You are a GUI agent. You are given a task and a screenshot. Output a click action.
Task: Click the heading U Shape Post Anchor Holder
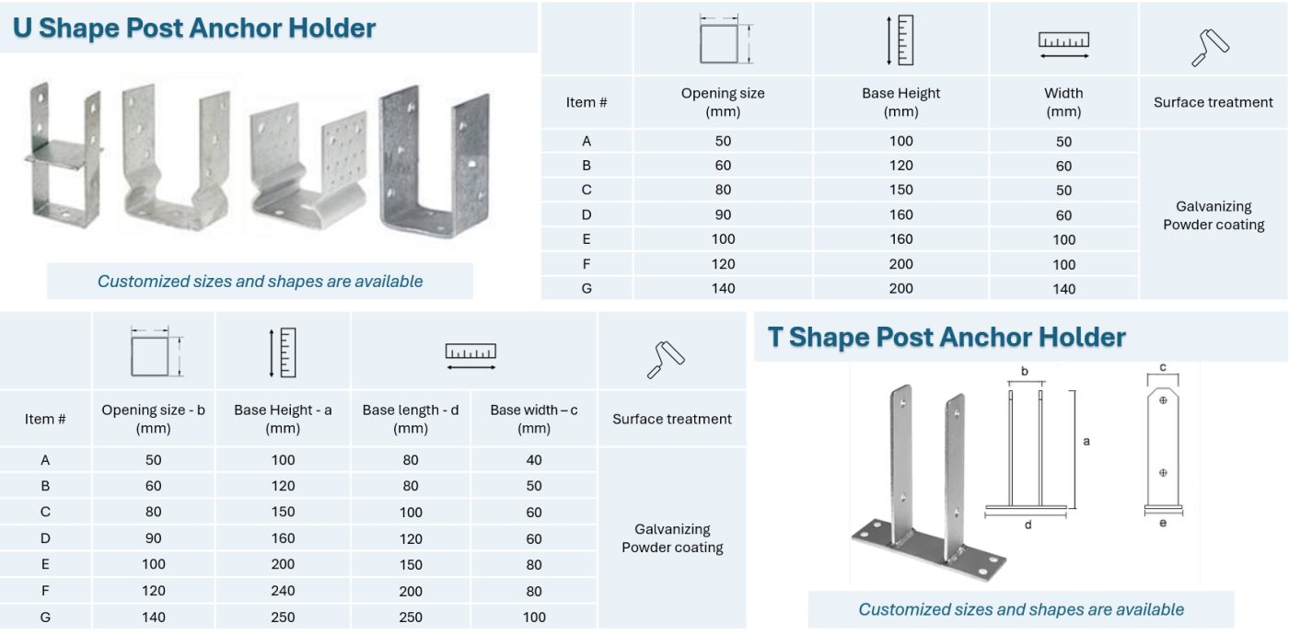pos(194,28)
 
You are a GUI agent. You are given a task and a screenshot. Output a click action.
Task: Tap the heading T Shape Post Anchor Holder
pos(946,337)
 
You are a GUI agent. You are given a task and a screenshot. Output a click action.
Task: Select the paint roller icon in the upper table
pos(1211,48)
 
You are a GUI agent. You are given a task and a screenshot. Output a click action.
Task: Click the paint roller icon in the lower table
pos(667,360)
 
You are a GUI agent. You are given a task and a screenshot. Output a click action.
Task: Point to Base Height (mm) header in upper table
pos(900,102)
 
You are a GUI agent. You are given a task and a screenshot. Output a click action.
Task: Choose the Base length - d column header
pos(411,419)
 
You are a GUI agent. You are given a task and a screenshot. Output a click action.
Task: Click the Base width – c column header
pos(534,419)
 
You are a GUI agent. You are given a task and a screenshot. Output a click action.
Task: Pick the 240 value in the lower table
pos(283,591)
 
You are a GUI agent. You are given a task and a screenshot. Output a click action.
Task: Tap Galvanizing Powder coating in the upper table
pos(1214,215)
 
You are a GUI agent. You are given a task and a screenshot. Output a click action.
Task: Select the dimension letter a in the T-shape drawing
pos(1086,442)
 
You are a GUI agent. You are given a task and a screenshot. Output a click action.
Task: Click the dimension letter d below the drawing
pos(1028,525)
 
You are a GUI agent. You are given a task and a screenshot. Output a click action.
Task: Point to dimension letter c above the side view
pos(1163,367)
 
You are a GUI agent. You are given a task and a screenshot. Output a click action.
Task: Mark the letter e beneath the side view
pos(1163,524)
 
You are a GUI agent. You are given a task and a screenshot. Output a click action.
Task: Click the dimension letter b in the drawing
pos(1025,372)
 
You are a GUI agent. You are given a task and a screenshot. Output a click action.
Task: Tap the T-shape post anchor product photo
pos(925,483)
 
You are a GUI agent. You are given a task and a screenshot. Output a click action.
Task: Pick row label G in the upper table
pos(586,288)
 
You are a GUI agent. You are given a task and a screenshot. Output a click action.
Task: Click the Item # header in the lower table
pos(45,419)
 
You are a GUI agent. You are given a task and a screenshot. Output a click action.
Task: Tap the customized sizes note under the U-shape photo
pos(260,282)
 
